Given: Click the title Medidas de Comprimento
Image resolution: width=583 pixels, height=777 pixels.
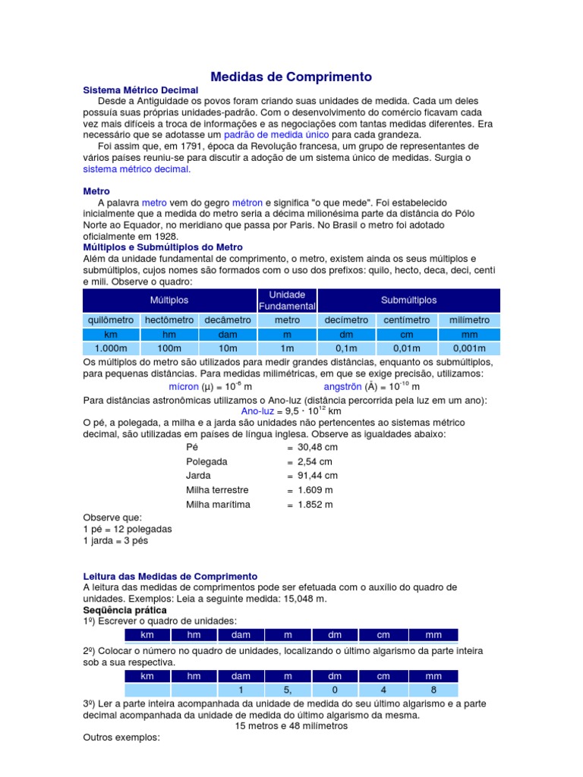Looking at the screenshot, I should tap(291, 77).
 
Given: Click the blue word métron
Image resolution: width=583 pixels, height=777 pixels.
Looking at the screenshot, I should tap(247, 203).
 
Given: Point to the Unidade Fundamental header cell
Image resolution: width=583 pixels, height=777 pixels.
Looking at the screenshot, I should tap(287, 300).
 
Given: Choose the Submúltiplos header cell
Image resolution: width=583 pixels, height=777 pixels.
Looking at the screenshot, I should tap(409, 300).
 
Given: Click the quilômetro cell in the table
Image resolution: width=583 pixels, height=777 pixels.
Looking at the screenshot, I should tap(111, 320).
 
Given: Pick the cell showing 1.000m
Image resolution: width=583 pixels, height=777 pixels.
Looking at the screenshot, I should tap(111, 348).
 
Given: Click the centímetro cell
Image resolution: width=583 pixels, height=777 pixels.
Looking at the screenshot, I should tap(406, 320).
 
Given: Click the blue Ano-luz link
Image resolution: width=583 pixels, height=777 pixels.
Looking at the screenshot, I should tap(257, 412).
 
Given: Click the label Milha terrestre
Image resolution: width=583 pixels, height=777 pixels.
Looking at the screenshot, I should tap(217, 490).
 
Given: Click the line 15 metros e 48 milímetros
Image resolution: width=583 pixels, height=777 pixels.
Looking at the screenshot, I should tap(291, 725).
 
